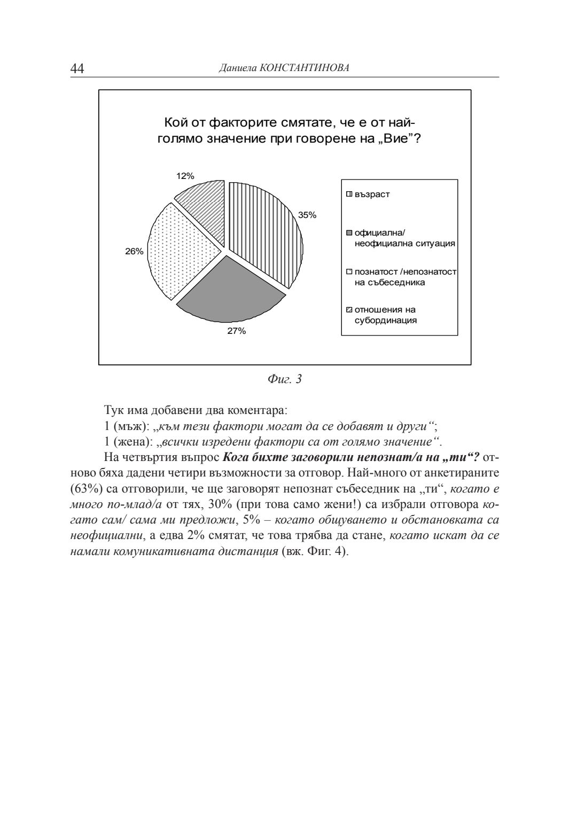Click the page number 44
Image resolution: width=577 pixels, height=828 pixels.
(77, 68)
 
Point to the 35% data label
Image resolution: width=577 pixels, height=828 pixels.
(307, 215)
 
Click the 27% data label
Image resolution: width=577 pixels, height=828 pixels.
(237, 331)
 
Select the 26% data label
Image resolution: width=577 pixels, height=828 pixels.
(134, 251)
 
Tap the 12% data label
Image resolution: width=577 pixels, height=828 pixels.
(185, 176)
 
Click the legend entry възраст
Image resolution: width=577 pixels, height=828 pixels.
(372, 194)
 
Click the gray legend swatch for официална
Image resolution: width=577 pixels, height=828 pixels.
(349, 233)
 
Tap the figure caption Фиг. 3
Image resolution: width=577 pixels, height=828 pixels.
(284, 379)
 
